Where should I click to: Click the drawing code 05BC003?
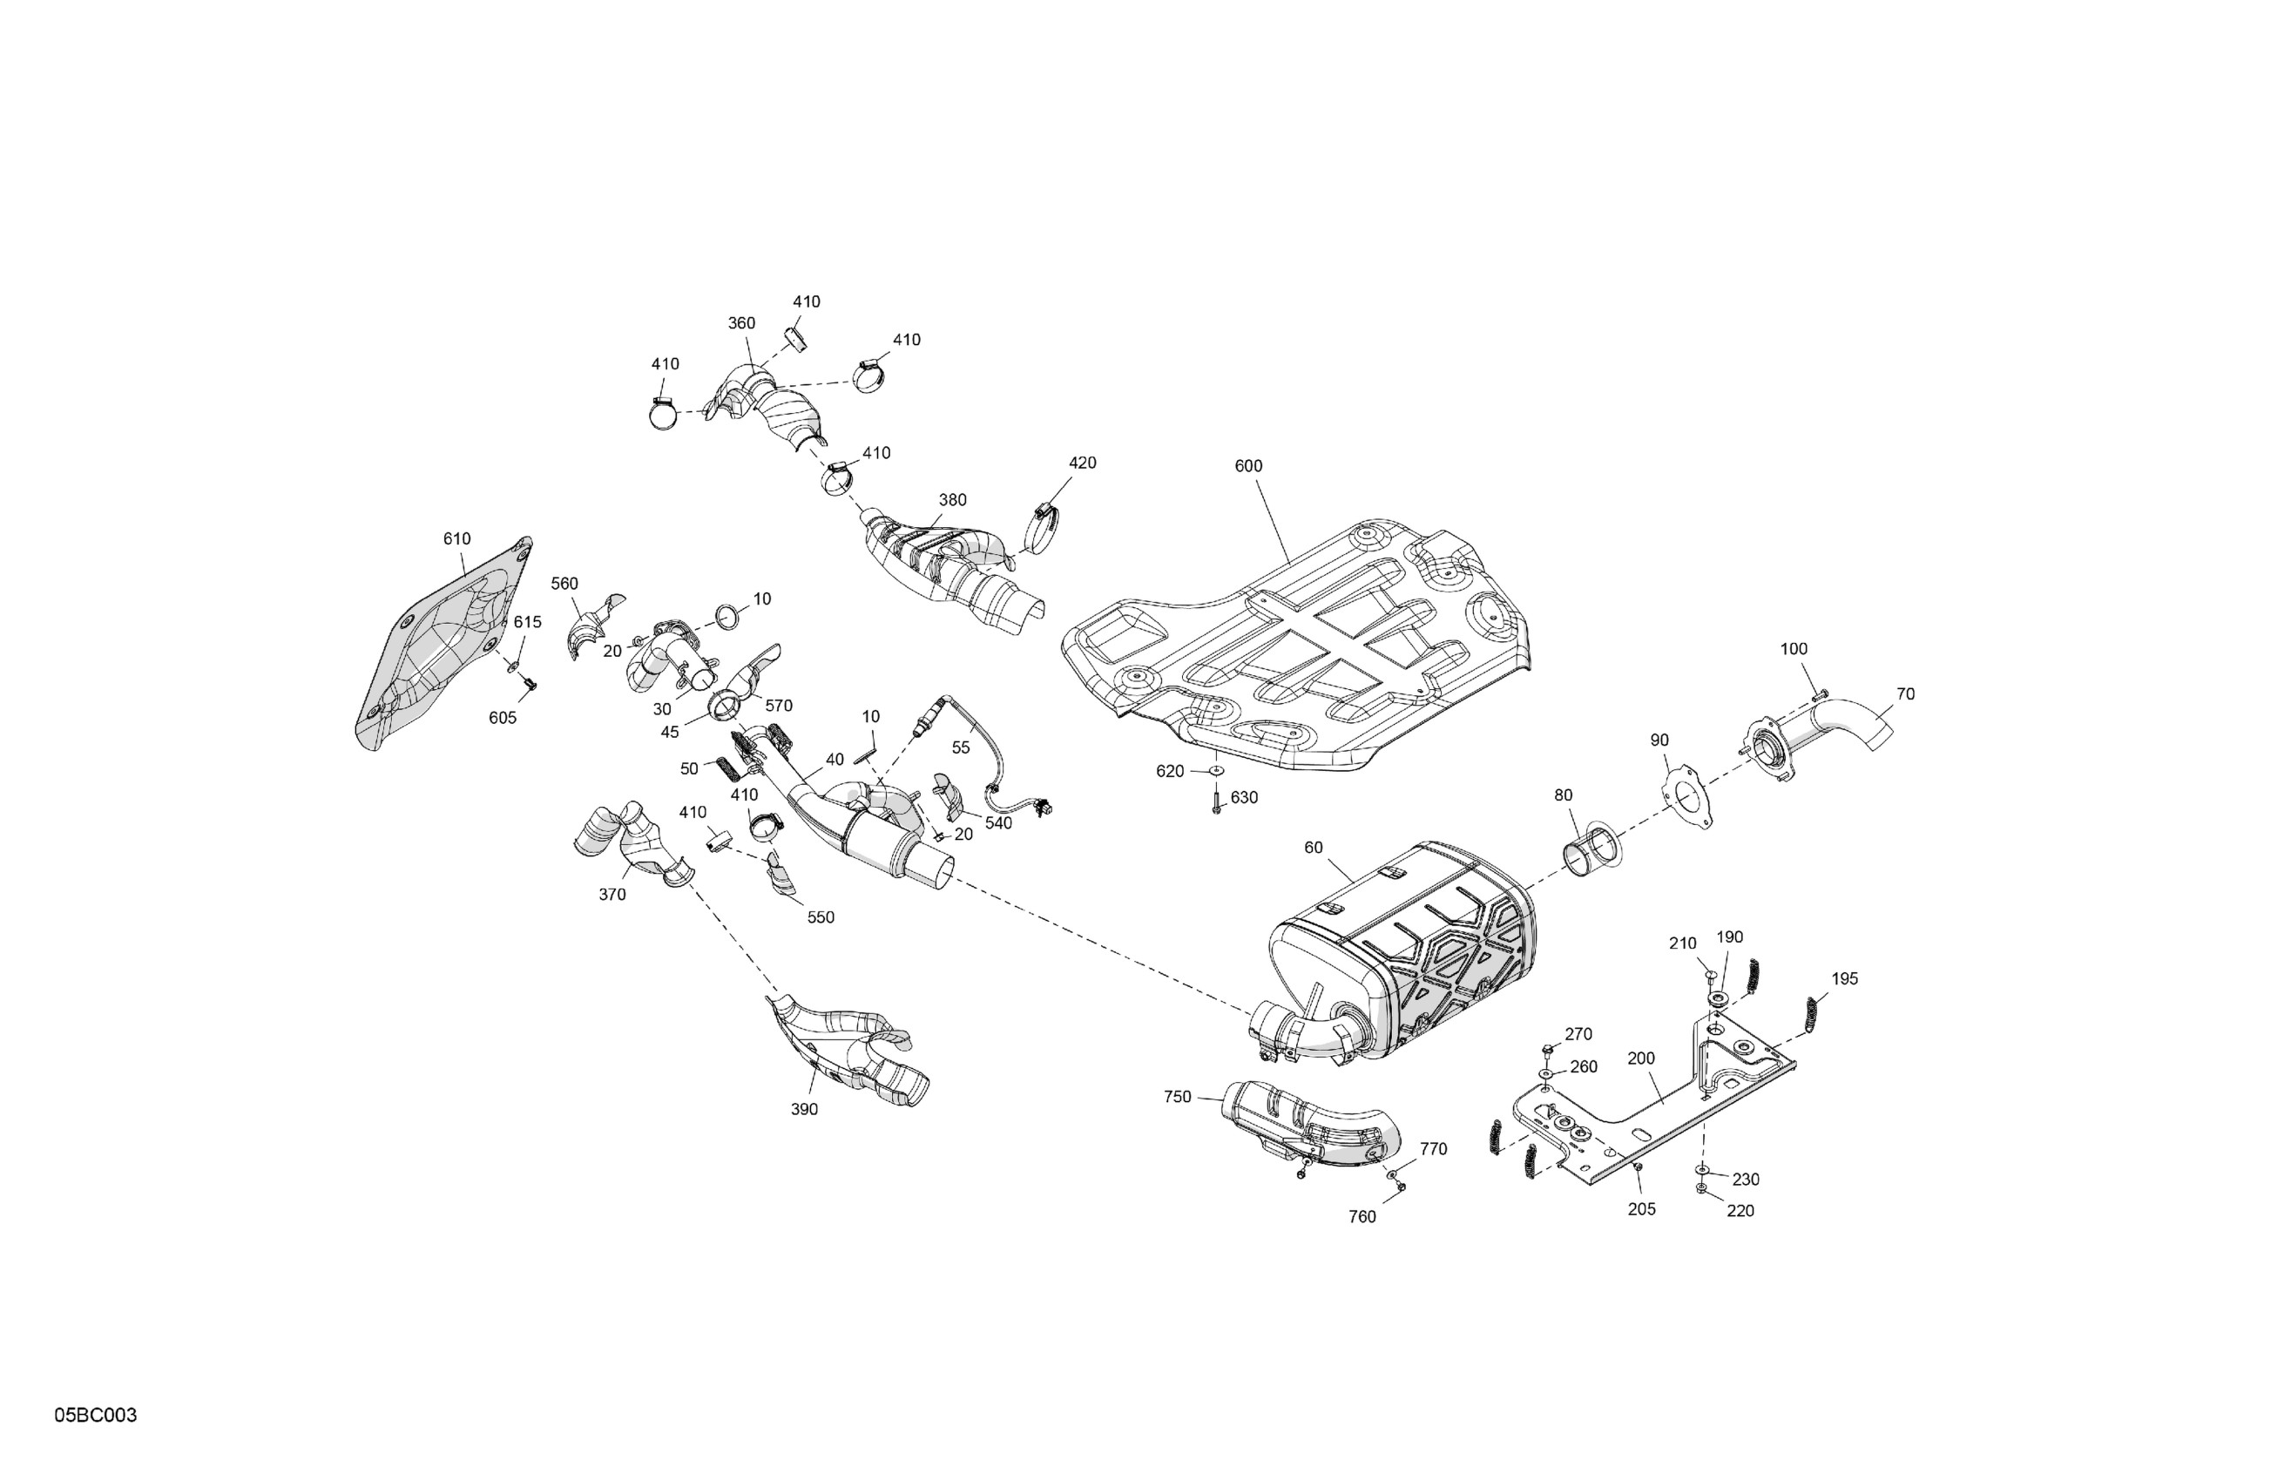click(95, 1416)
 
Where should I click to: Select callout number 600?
click(1247, 466)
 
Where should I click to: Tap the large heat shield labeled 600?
click(1295, 653)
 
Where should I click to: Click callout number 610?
click(456, 539)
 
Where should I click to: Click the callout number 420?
click(1082, 463)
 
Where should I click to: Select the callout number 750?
click(1177, 1097)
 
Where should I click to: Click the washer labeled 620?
click(1215, 770)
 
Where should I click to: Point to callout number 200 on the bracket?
click(1641, 1058)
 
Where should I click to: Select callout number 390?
click(804, 1110)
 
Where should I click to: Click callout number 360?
click(740, 323)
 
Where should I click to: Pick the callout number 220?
click(1740, 1211)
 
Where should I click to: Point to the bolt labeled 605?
click(529, 683)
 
